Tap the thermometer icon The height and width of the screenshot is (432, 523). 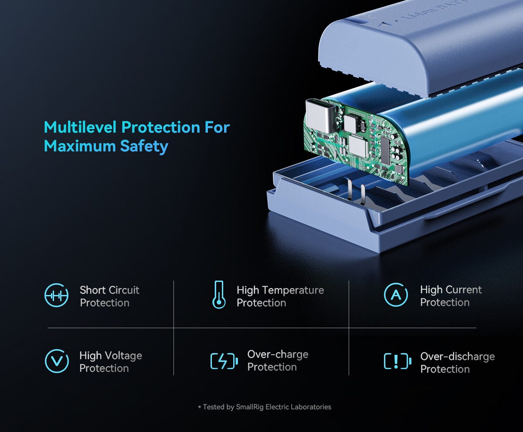tap(219, 295)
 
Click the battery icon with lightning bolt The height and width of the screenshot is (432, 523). tap(224, 361)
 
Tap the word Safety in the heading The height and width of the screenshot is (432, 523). tap(144, 146)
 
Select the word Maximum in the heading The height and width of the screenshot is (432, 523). tap(80, 146)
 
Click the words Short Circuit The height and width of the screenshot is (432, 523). tap(109, 290)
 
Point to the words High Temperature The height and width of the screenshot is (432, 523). tap(280, 291)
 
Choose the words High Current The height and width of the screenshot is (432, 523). tap(451, 290)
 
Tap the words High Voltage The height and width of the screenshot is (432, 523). tap(111, 356)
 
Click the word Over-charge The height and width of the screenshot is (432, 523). tap(278, 354)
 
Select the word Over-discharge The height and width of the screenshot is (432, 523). tap(457, 357)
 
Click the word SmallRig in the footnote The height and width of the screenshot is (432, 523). tap(250, 407)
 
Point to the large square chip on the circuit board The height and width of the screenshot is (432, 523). tap(358, 146)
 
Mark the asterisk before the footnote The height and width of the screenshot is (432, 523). tap(200, 407)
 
